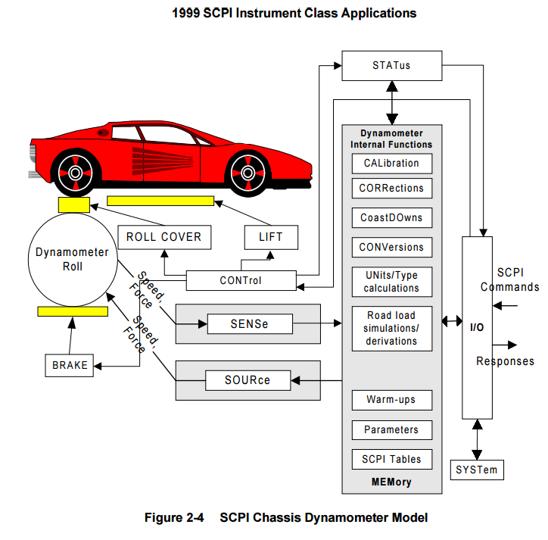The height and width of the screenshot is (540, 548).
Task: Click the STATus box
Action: point(391,65)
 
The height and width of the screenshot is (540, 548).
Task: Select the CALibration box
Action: point(391,164)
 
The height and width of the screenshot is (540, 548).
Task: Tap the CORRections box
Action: point(391,188)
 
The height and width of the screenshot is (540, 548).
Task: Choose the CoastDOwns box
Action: point(391,217)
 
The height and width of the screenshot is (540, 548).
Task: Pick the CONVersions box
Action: point(391,247)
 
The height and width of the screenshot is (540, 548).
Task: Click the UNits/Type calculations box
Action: point(391,281)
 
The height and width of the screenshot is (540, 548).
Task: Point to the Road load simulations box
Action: point(391,328)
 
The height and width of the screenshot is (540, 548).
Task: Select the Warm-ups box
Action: point(391,399)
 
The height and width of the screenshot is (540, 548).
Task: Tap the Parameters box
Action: point(391,429)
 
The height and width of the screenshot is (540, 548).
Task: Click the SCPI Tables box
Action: point(391,459)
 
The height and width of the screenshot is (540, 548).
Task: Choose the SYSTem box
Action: point(477,470)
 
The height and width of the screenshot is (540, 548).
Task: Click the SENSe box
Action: point(250,325)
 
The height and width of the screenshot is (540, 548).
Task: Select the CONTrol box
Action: point(241,280)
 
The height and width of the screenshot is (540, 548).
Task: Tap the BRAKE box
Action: point(70,365)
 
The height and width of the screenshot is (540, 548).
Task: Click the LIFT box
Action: point(271,237)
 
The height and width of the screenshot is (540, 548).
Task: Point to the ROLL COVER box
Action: point(163,237)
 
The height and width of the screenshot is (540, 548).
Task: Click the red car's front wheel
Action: point(249,172)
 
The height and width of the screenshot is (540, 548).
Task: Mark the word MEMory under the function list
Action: point(391,482)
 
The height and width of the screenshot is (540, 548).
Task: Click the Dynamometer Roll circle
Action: point(73,259)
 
